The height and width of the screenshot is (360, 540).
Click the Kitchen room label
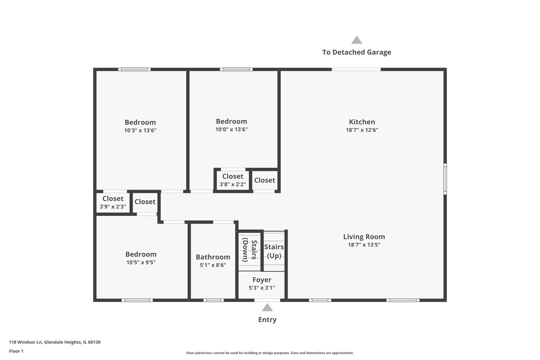pos(362,122)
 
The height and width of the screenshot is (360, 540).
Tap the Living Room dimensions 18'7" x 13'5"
pos(364,245)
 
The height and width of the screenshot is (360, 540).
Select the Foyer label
pos(262,280)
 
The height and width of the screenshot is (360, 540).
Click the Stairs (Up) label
pos(274,251)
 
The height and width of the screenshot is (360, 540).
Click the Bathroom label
pos(213,257)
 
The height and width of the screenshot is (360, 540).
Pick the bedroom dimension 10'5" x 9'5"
pos(141,262)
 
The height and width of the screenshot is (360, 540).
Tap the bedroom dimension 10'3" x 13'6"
pos(140,131)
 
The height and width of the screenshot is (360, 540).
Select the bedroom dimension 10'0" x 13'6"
pos(231,130)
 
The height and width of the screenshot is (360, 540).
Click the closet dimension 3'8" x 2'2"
pos(232,184)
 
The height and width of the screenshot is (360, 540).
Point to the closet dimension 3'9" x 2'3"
pos(113,207)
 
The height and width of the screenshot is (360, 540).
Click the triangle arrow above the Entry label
pos(267,307)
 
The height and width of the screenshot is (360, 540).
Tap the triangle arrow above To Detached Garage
pos(356,40)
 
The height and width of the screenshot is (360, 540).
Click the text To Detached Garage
pos(356,52)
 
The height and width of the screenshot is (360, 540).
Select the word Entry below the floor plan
pos(267,320)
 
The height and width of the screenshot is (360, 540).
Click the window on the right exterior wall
pos(445,179)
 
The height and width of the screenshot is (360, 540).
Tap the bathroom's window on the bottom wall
pos(213,300)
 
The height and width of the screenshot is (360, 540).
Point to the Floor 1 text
pos(16,351)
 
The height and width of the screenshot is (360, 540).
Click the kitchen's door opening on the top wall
pos(356,69)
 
